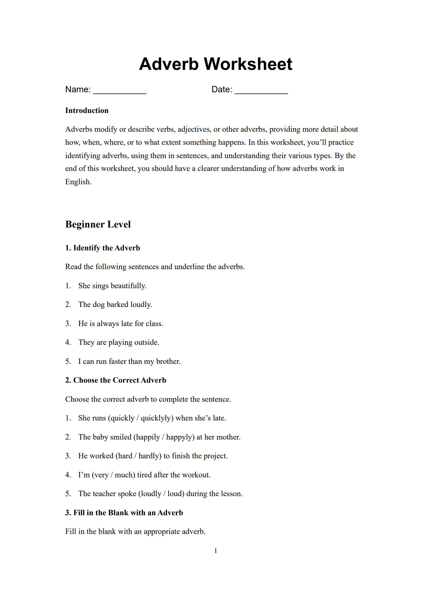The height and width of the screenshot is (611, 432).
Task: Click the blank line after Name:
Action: tap(120, 91)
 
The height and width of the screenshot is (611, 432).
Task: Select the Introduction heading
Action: tap(87, 110)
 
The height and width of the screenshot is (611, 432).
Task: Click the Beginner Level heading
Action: tap(98, 224)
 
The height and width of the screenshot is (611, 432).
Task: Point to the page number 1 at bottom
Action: tap(216, 551)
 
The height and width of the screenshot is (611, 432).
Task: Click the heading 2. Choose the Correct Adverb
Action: tap(116, 380)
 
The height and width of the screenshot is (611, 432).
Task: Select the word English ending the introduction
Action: tap(78, 182)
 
